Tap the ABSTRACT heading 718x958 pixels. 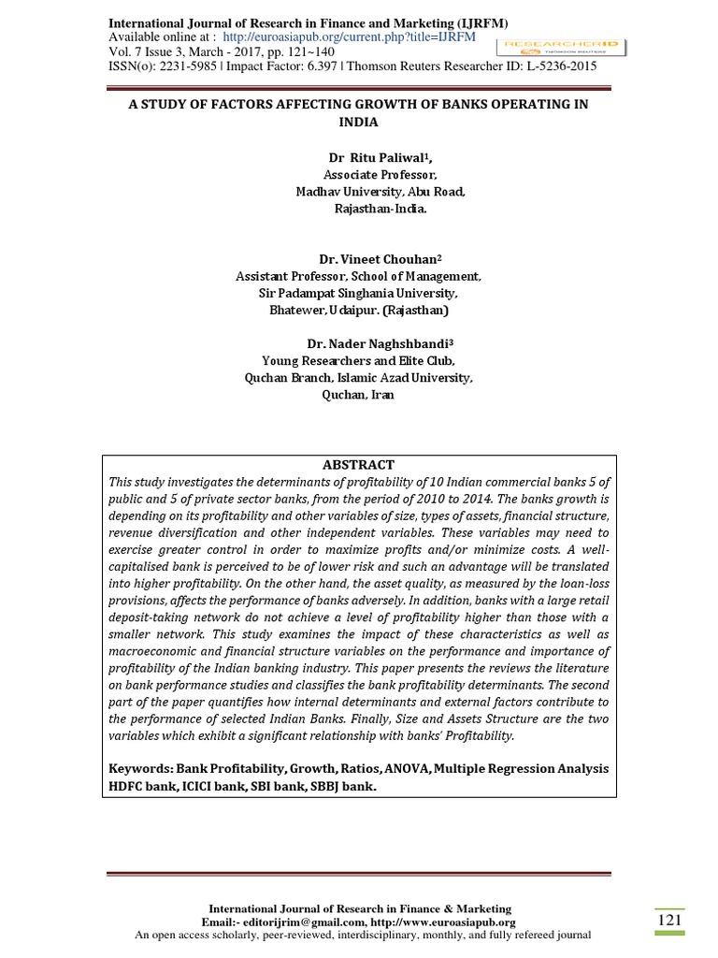359,464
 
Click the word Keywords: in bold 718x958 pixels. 141,769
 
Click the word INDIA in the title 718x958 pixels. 359,123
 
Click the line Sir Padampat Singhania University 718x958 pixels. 359,293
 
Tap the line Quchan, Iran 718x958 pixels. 358,395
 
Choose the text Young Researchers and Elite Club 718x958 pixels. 359,361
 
